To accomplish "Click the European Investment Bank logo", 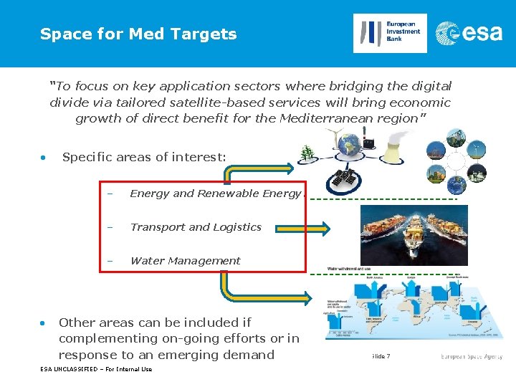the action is [390, 33].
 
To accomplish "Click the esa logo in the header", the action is [470, 33].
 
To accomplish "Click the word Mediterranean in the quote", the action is [336, 118].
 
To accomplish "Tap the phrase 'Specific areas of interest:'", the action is [143, 157].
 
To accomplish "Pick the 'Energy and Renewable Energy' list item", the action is [215, 193].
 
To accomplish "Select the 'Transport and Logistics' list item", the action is [196, 227].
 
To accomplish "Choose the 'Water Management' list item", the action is [185, 261].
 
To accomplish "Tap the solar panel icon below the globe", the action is [341, 182].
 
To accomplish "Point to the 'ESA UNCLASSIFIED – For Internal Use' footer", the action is [96, 370].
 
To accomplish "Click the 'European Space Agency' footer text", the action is [471, 356].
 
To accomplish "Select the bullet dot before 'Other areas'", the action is [44, 322].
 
